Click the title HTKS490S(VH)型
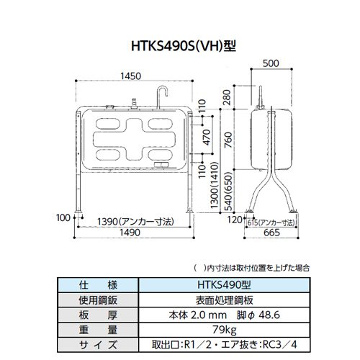184,46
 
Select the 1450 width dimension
130,76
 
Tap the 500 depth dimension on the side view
271,63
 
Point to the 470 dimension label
206,138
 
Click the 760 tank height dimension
228,140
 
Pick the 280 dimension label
227,97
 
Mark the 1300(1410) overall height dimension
214,185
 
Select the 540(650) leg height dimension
228,192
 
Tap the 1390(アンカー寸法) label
135,222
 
